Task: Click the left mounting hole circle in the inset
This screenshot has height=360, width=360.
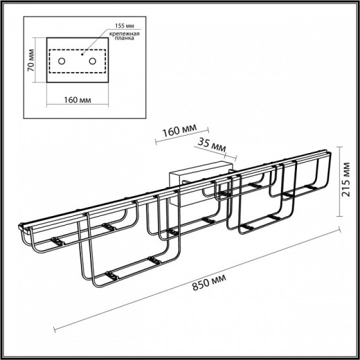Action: pos(62,63)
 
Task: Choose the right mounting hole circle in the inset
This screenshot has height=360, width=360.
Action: pos(91,63)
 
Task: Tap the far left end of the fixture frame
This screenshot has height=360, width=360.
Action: pos(21,228)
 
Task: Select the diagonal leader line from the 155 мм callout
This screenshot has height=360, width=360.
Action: pos(93,41)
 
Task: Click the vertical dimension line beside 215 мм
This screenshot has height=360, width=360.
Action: pos(339,187)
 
